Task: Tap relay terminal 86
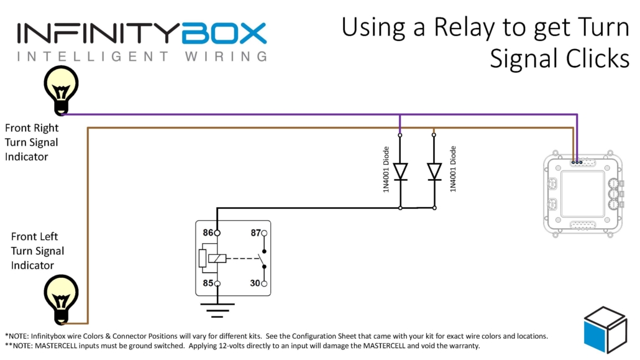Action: pos(217,233)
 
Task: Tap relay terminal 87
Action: pos(264,233)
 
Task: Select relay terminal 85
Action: pos(217,284)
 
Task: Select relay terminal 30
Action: pos(264,284)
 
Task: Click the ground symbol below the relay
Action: pos(217,307)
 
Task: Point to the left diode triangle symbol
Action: pos(401,170)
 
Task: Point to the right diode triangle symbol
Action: pos(434,170)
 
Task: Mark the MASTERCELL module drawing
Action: pos(582,194)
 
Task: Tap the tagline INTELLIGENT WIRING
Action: pos(142,57)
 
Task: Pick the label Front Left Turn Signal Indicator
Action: pos(37,251)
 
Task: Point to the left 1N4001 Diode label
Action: pos(386,169)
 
